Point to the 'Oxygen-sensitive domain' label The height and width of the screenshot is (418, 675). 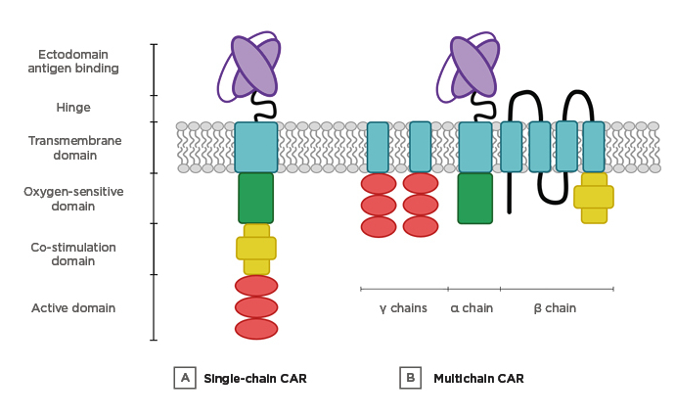pyautogui.click(x=73, y=199)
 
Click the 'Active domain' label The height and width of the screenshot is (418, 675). pyautogui.click(x=73, y=308)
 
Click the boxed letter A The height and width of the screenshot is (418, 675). pyautogui.click(x=184, y=378)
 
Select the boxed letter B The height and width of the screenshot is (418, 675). pyautogui.click(x=410, y=378)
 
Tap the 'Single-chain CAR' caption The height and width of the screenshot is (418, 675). pyautogui.click(x=255, y=378)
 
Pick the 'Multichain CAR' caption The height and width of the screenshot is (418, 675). pyautogui.click(x=478, y=378)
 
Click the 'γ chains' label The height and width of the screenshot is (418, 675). pyautogui.click(x=403, y=308)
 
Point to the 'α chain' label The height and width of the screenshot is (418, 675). pyautogui.click(x=472, y=308)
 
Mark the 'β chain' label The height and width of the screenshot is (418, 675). pyautogui.click(x=555, y=308)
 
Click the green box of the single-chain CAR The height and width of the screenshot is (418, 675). pyautogui.click(x=255, y=198)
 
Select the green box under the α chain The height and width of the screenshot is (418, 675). pyautogui.click(x=474, y=198)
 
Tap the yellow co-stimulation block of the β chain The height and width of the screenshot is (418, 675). pyautogui.click(x=594, y=198)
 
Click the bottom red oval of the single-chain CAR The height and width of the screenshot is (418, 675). pyautogui.click(x=255, y=329)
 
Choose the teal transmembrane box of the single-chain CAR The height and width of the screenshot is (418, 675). pyautogui.click(x=255, y=147)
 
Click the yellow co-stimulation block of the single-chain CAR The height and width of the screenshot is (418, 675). pyautogui.click(x=256, y=249)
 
